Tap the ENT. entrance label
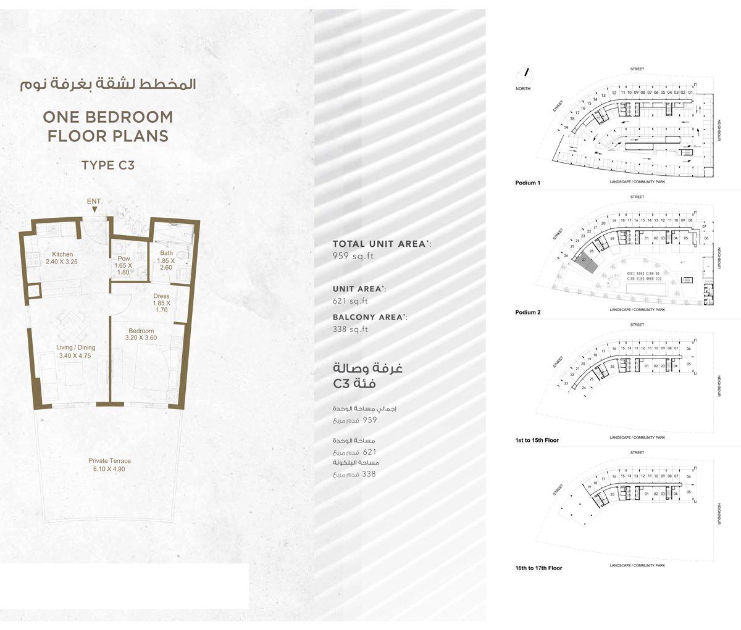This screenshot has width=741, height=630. click(95, 201)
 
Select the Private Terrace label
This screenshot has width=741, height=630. click(109, 461)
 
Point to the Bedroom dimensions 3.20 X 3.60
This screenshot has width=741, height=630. click(141, 338)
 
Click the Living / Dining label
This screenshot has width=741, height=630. click(73, 348)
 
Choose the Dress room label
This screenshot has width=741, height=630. click(161, 297)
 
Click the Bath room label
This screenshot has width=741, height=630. click(166, 253)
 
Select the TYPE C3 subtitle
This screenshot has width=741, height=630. click(108, 165)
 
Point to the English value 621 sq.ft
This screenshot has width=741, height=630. click(350, 301)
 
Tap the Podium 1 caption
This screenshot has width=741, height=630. click(527, 183)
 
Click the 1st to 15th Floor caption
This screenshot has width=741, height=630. click(537, 441)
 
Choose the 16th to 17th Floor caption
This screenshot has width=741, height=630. click(538, 568)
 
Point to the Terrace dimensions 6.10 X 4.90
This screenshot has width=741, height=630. click(109, 469)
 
